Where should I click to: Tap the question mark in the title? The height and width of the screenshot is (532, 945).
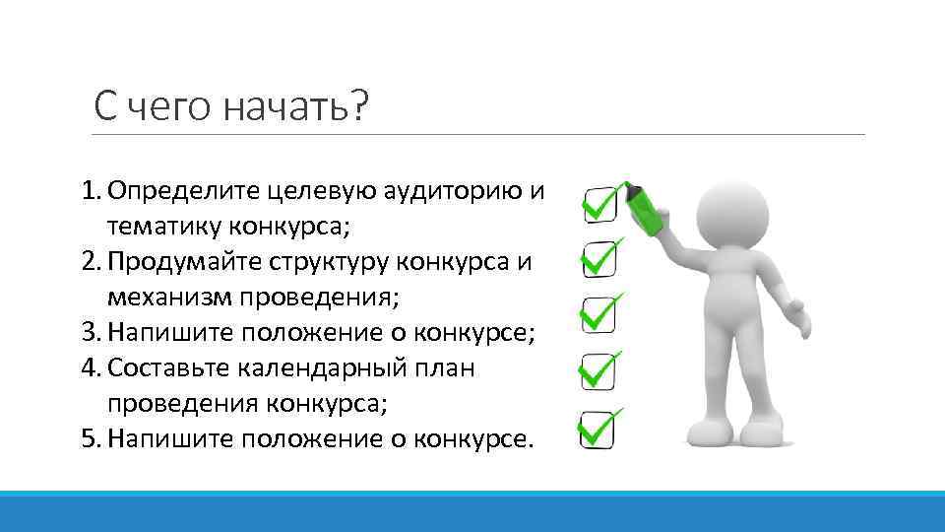[354, 104]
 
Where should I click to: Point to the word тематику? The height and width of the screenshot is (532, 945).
[165, 226]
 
